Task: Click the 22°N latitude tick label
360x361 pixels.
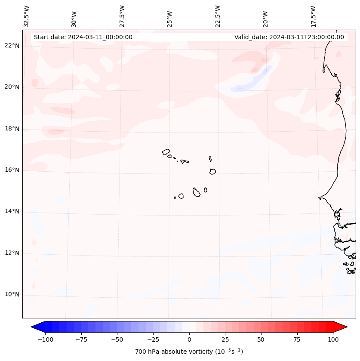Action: [x=12, y=46]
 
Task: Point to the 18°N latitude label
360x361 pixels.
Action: [x=12, y=129]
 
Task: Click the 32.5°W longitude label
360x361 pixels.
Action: [x=27, y=16]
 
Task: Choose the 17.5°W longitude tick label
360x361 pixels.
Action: [x=313, y=16]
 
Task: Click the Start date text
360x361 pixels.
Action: [x=83, y=37]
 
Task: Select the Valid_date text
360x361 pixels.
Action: [x=289, y=37]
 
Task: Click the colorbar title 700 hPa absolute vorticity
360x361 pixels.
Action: [x=189, y=352]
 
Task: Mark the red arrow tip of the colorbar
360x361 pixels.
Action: [x=346, y=327]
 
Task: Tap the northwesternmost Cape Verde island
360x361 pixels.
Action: [x=166, y=152]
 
